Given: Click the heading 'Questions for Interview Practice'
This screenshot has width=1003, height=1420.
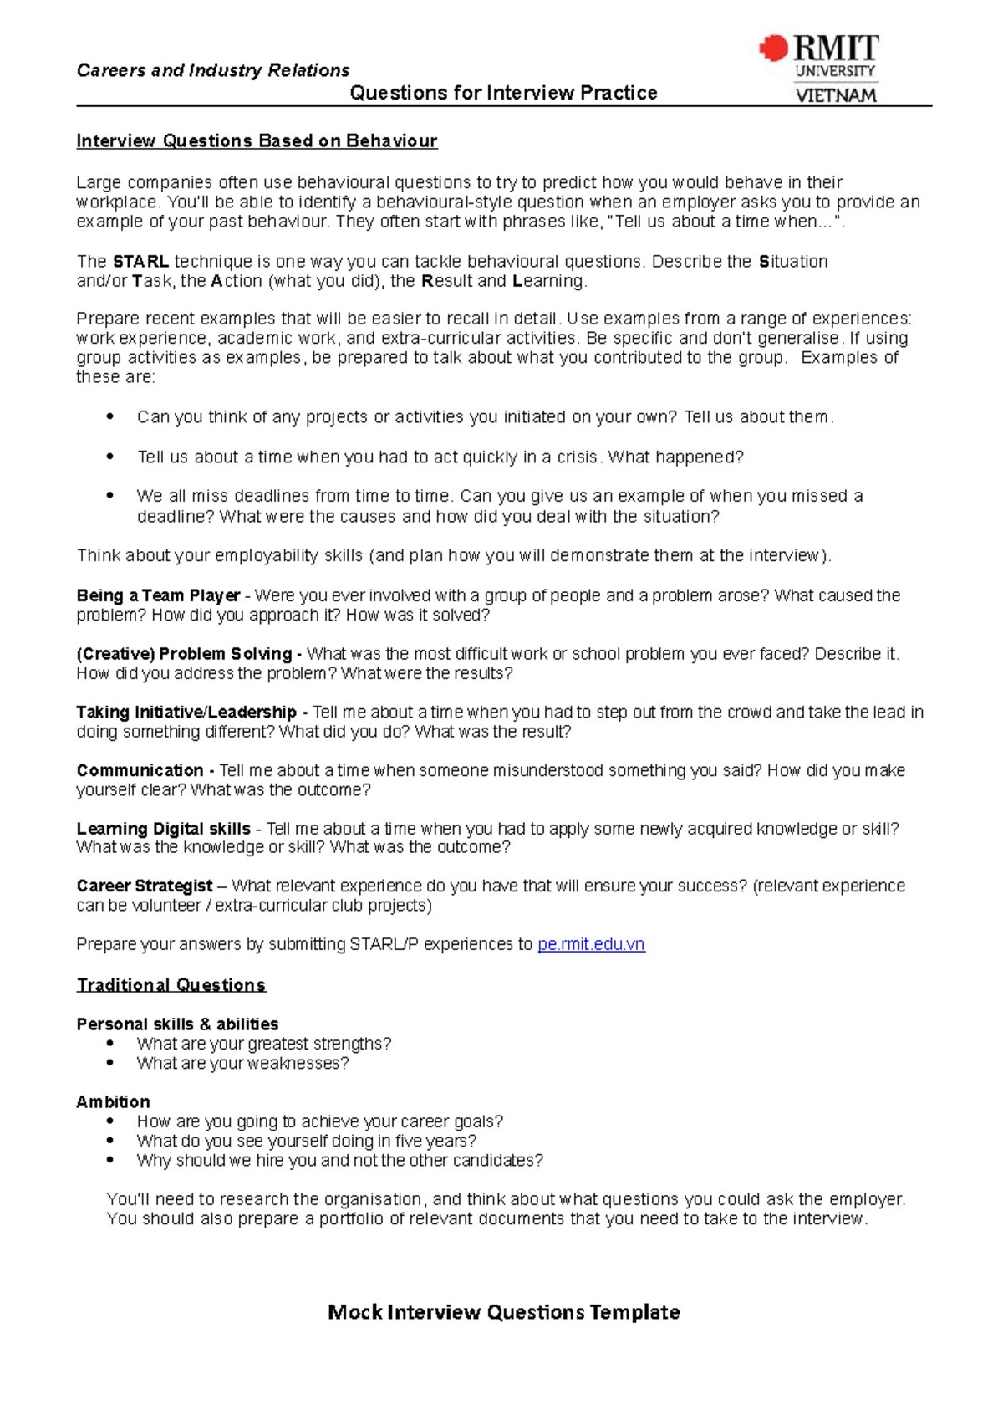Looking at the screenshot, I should click(503, 93).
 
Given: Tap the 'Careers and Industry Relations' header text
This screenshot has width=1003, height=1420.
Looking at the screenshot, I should click(212, 70).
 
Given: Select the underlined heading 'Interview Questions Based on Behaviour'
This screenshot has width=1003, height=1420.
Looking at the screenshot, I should click(257, 140).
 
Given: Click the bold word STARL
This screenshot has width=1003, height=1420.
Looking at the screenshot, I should click(140, 262).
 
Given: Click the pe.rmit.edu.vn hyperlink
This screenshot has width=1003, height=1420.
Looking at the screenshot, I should click(591, 944).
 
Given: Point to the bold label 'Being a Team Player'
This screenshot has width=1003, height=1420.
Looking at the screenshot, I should click(158, 595).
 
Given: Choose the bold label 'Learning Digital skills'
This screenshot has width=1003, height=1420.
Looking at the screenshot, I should click(163, 829).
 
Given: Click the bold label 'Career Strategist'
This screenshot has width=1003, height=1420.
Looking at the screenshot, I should click(145, 886).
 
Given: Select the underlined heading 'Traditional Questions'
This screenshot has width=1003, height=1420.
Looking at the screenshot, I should click(171, 985).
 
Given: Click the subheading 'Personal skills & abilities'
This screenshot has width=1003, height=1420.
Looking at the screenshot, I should click(177, 1024).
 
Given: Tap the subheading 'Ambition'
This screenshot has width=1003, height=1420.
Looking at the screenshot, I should click(113, 1102).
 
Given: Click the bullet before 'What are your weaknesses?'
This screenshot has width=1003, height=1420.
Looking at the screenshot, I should click(110, 1063).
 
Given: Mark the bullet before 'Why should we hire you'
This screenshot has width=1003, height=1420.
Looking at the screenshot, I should click(110, 1160).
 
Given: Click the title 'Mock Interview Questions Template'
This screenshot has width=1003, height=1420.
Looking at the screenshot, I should click(503, 1312).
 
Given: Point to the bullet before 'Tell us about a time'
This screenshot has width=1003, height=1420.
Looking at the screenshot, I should click(110, 457).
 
